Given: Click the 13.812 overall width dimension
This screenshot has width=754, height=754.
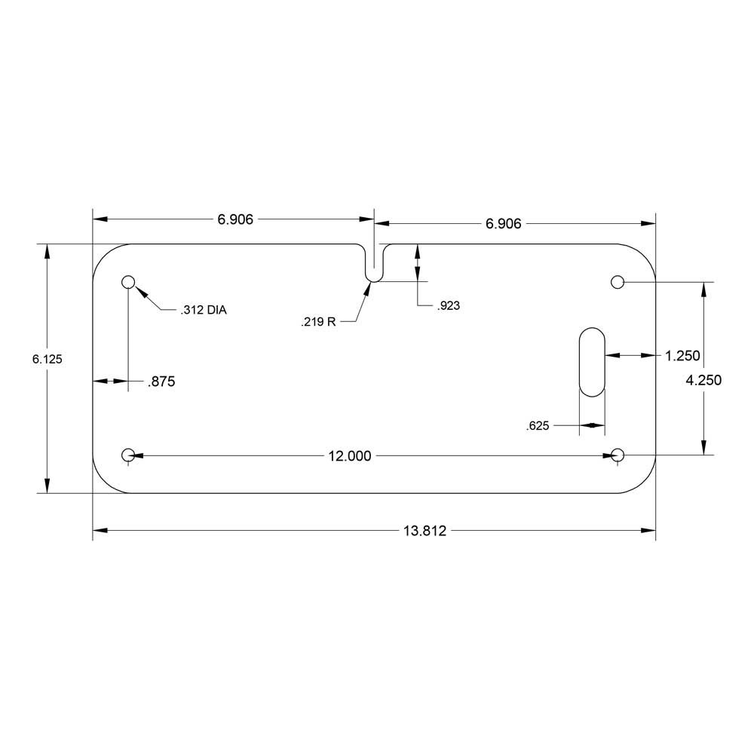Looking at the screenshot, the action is (425, 530).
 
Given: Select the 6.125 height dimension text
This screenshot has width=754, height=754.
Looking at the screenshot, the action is (47, 359).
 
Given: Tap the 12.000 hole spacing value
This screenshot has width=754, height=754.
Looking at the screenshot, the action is (350, 456).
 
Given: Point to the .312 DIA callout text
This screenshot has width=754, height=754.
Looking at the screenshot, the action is (204, 310).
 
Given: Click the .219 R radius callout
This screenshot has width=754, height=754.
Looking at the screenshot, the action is (318, 322).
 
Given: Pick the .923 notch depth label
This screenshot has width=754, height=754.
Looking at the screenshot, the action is (448, 306).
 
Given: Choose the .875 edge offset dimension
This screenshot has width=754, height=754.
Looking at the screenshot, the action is (161, 382).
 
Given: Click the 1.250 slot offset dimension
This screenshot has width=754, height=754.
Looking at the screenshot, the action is (682, 356).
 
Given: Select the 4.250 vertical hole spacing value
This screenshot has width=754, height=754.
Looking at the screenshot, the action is (703, 380).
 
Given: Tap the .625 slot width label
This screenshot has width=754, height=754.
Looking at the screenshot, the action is (538, 426).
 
